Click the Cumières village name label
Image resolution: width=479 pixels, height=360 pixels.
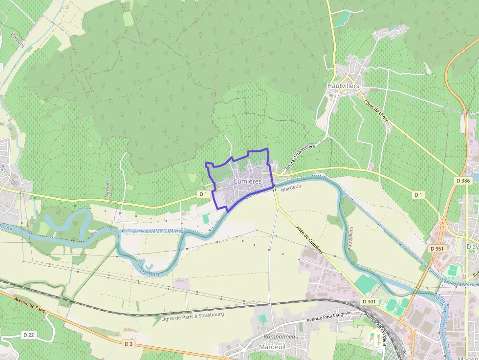247,181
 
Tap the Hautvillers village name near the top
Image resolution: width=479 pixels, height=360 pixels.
343,86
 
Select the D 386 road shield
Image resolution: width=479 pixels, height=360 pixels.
462,180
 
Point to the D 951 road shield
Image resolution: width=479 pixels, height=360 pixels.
437,249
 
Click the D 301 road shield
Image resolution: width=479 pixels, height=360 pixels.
370,301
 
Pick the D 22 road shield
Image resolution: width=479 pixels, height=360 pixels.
28,335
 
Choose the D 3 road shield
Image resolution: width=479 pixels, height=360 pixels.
128,344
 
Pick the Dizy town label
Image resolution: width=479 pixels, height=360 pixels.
472,247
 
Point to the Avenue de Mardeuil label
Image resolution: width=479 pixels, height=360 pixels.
375,326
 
